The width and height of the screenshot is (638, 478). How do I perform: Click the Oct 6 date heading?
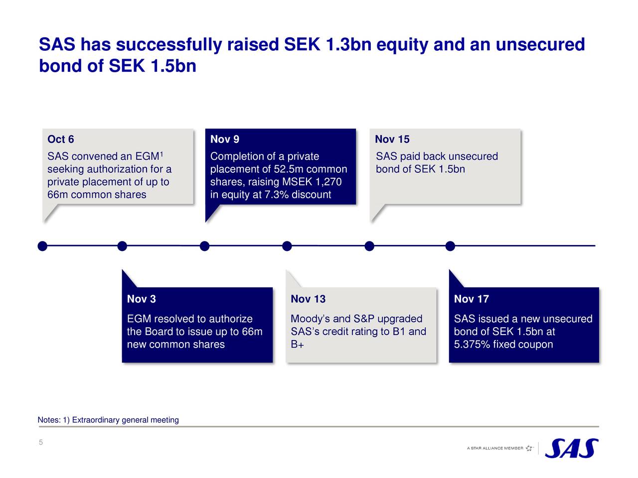coord(60,139)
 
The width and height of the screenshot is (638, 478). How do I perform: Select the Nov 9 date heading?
coord(224,139)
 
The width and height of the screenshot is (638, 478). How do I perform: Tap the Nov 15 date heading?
coord(392,139)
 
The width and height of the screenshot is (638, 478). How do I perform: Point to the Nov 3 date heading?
coord(141,299)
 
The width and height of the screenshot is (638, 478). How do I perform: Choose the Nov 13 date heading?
coord(308,299)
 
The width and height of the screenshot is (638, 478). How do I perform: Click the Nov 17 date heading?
coord(471,299)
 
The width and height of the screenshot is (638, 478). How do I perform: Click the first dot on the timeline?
coord(43,246)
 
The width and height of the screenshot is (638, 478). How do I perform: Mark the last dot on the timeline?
coord(450,246)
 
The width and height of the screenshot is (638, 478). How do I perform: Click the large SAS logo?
coord(571,448)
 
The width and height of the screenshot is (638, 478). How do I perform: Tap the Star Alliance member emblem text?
coord(495,448)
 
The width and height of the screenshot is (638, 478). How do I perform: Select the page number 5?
coord(41,443)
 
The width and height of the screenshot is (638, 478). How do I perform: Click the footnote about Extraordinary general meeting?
coord(108,420)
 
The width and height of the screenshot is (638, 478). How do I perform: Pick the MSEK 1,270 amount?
coord(312,182)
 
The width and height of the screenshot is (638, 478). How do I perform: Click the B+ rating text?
coord(297,345)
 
